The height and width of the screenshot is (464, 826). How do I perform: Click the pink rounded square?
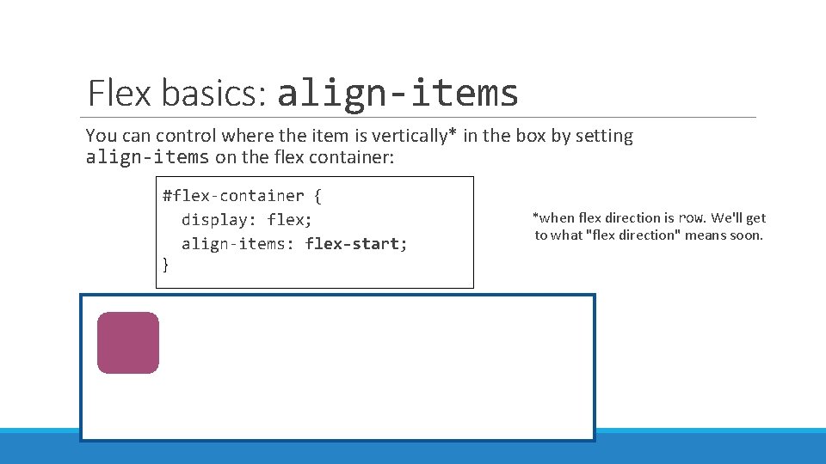[128, 343]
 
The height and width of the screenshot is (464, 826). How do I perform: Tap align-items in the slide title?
[398, 92]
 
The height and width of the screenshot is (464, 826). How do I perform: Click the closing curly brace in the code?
[167, 266]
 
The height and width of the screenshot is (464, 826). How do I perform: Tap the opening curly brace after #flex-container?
[317, 196]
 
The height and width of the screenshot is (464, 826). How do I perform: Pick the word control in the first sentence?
[182, 136]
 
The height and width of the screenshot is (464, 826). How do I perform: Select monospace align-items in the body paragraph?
[147, 157]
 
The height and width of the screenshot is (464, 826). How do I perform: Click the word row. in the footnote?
[691, 218]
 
